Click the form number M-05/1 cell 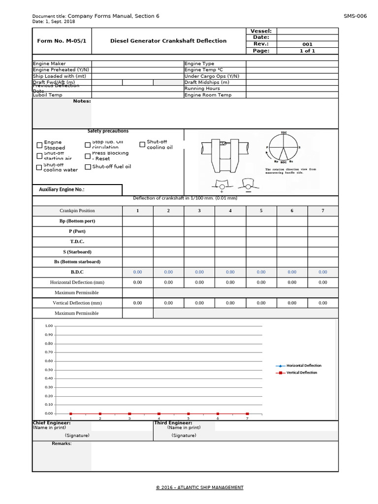[x=62, y=41]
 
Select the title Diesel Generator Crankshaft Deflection [x=168, y=41]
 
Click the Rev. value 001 [x=307, y=44]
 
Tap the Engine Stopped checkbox [x=39, y=145]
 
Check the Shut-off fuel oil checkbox [x=88, y=167]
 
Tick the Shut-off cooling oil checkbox [x=142, y=145]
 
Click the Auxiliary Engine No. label [x=62, y=189]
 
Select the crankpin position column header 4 [x=230, y=211]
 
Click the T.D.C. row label [x=77, y=242]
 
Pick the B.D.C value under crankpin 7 [x=322, y=272]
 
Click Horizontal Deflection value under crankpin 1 [x=137, y=283]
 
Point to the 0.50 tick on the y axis [x=49, y=370]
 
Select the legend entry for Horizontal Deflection [x=303, y=366]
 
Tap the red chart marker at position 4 [x=159, y=414]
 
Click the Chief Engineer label [x=52, y=423]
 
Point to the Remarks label [x=62, y=443]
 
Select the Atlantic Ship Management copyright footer [x=199, y=488]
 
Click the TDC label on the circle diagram [x=283, y=133]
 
